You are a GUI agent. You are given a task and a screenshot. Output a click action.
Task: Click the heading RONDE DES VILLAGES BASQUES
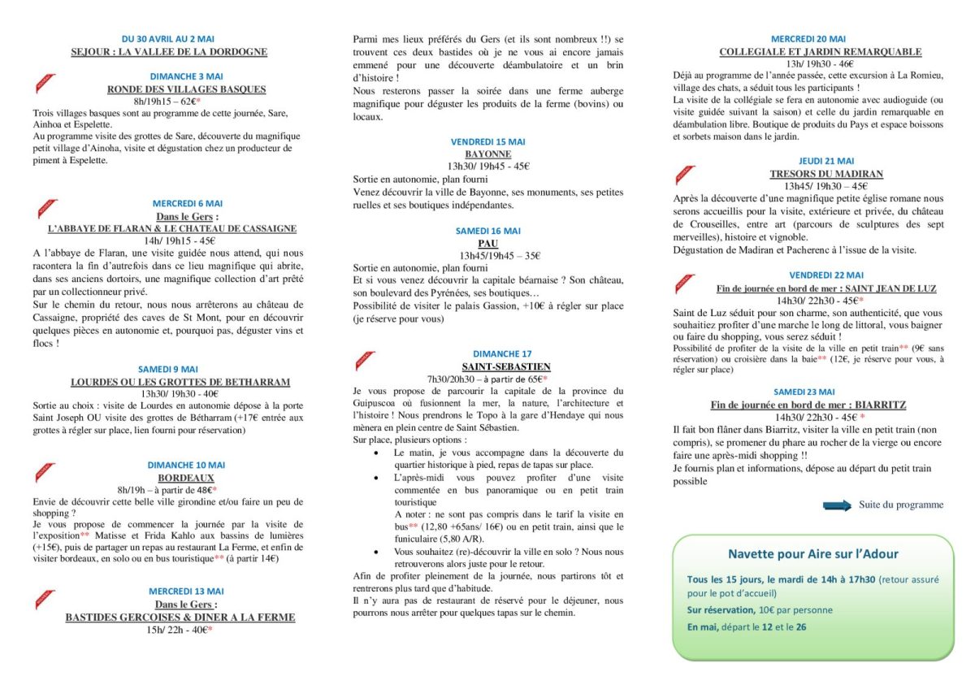click(187, 89)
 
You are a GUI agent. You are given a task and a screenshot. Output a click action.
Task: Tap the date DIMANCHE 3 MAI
click(187, 76)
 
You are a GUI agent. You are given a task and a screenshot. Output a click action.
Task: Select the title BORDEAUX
click(186, 478)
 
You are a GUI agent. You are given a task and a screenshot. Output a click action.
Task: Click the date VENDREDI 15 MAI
click(488, 141)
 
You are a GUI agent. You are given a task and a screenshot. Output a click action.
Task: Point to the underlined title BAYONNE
click(488, 154)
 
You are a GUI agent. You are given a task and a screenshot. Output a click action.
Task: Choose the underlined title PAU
click(488, 243)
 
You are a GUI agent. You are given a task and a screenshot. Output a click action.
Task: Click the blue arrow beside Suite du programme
click(837, 505)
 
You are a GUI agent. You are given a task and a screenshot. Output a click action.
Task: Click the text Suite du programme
click(901, 505)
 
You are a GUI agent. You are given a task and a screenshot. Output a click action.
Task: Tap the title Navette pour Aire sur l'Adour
click(812, 554)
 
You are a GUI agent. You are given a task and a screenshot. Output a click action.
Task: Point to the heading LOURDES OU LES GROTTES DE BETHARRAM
click(180, 381)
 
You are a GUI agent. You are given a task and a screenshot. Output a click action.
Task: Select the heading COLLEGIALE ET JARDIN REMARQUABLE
click(821, 52)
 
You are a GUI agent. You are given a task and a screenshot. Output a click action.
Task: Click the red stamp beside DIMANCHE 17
click(364, 359)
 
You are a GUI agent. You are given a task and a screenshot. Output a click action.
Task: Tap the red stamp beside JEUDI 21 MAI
click(685, 174)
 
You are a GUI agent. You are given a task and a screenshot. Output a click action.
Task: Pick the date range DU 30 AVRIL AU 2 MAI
click(168, 39)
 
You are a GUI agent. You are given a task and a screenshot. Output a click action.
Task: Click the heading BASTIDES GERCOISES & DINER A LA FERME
click(180, 617)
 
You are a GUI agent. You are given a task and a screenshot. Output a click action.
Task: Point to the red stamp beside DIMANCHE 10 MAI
click(45, 472)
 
